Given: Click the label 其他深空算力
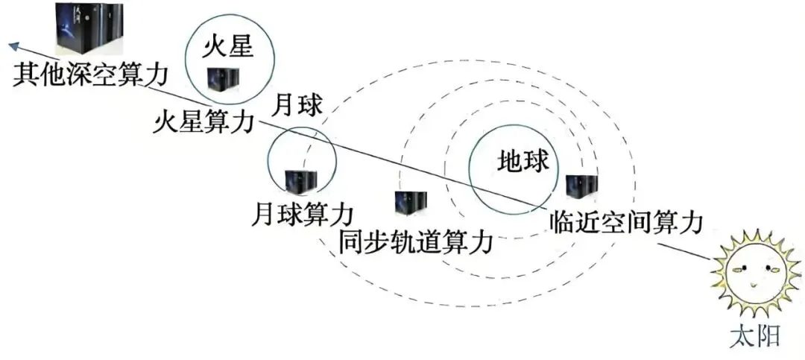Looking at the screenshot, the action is [89, 76].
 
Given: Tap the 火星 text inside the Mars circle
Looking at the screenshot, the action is [230, 49].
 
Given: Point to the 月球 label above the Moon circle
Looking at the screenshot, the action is [298, 105].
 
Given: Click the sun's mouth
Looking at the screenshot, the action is [754, 285].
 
